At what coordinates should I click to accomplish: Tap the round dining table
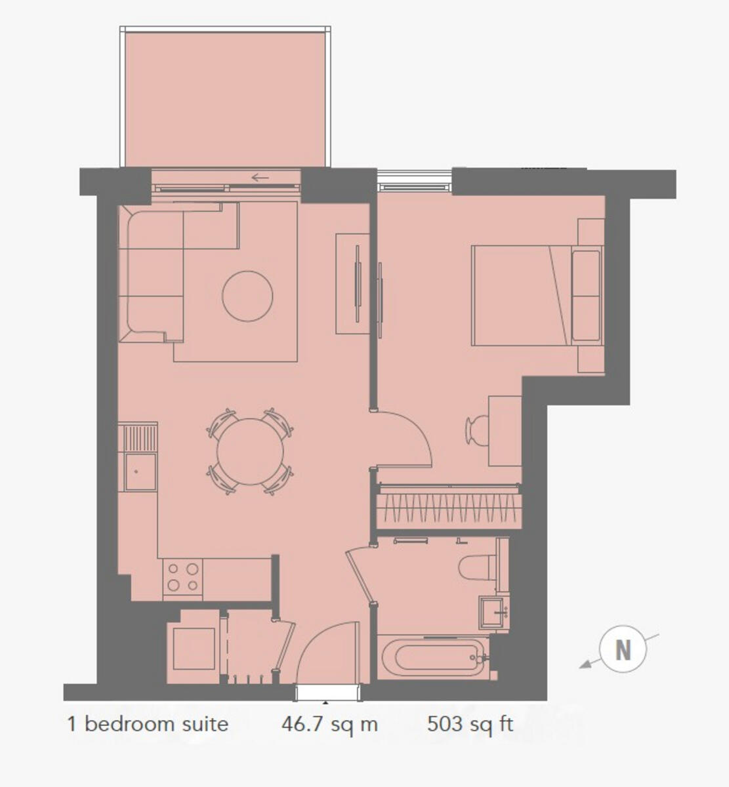[x=250, y=451]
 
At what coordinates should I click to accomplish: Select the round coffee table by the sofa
[x=247, y=296]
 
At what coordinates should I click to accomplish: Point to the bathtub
[x=433, y=658]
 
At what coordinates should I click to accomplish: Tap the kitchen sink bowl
[x=140, y=472]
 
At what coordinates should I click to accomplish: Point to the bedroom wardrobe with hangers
[x=448, y=506]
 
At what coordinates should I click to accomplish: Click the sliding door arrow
[x=260, y=178]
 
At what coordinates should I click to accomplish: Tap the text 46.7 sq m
[x=329, y=725]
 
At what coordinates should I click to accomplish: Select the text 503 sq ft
[x=470, y=725]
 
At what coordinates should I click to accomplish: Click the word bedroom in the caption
[x=129, y=724]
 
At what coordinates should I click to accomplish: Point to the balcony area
[x=225, y=99]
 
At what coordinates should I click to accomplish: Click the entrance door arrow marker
[x=325, y=702]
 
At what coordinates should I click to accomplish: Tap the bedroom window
[x=414, y=181]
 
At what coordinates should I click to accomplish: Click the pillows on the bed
[x=586, y=295]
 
